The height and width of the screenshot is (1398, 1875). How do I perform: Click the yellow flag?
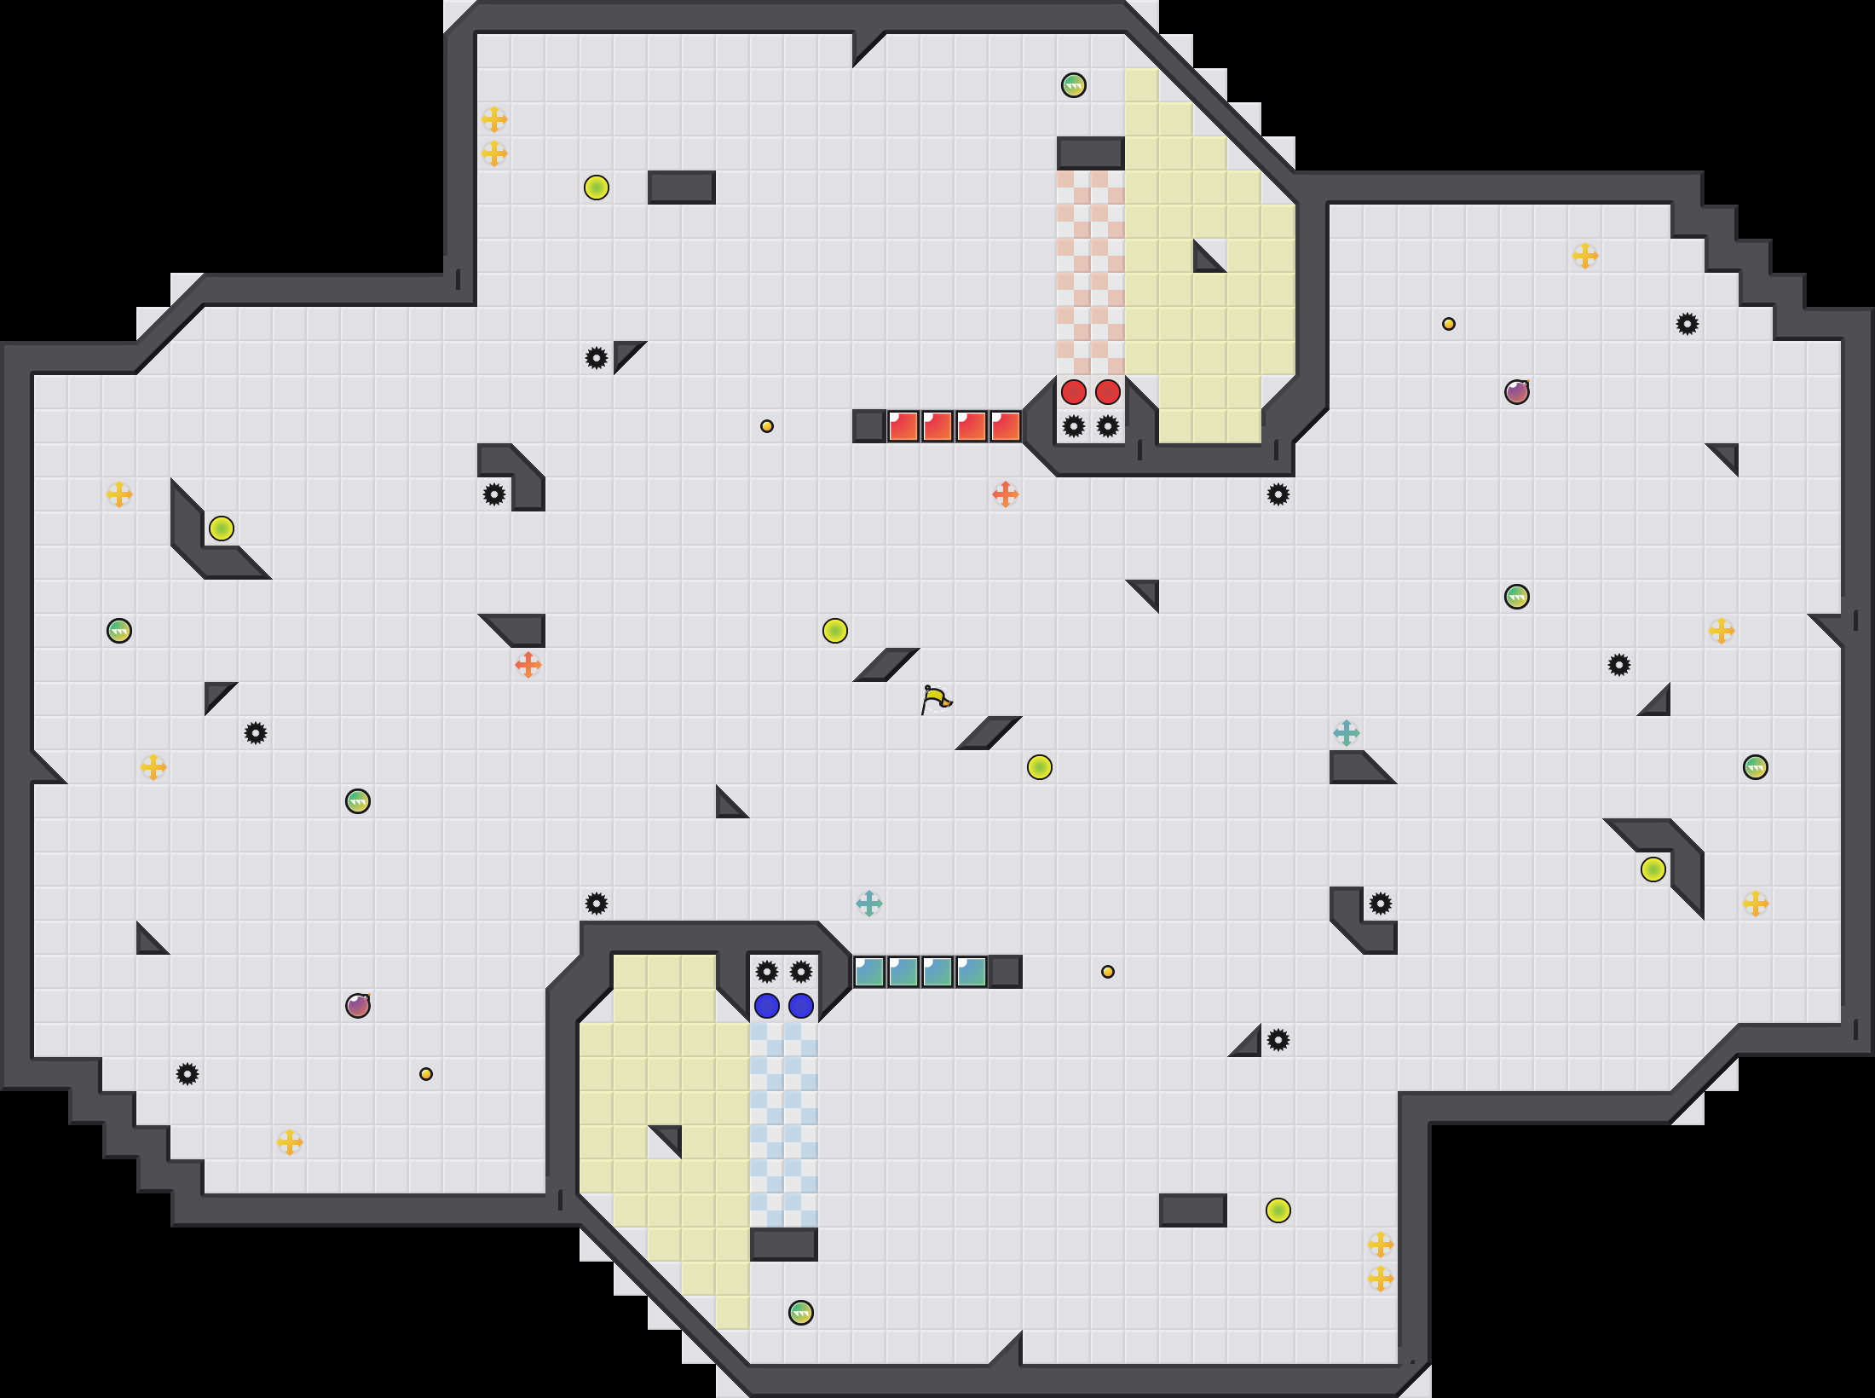point(936,699)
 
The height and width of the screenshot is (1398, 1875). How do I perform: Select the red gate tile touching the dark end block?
point(903,426)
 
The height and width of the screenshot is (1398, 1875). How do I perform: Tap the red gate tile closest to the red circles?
point(1006,426)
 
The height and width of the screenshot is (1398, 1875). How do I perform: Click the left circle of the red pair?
point(1074,392)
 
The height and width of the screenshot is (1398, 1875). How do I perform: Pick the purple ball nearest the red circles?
point(1517,392)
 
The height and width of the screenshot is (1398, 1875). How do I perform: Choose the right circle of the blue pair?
point(801,1006)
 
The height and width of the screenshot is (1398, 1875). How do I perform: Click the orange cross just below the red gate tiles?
point(1006,494)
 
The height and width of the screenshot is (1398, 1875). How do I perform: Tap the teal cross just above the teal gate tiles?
point(869,904)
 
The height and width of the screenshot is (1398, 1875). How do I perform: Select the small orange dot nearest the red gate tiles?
point(767,426)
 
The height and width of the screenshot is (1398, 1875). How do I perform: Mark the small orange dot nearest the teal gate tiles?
point(1108,972)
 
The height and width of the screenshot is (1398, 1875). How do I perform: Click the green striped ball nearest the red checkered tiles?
point(1074,85)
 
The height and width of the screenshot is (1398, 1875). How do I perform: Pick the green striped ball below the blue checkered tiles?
point(801,1313)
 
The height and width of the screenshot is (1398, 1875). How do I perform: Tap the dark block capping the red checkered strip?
point(1091,153)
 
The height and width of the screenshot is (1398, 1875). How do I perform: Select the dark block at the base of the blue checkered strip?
point(784,1245)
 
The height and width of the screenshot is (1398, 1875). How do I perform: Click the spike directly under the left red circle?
point(1074,426)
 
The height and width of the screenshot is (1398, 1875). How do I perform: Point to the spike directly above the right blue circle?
point(801,972)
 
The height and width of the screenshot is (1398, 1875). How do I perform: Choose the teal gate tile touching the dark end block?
point(972,972)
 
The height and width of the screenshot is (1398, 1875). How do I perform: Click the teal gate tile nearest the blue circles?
point(869,972)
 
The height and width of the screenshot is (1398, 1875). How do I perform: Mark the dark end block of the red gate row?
point(869,426)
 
